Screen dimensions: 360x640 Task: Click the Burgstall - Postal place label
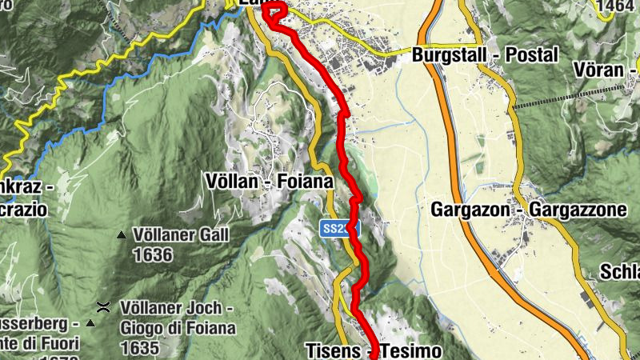click(485, 56)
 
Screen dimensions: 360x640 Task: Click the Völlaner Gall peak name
click(182, 235)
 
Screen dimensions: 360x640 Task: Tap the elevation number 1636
click(154, 255)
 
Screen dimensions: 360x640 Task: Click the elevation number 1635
click(138, 348)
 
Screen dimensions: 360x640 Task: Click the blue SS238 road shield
click(339, 229)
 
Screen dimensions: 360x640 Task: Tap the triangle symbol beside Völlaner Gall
click(122, 235)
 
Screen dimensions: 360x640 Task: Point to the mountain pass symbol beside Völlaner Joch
click(103, 306)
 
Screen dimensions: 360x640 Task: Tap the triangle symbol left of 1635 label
click(90, 323)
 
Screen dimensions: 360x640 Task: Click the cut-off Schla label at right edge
click(623, 270)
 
